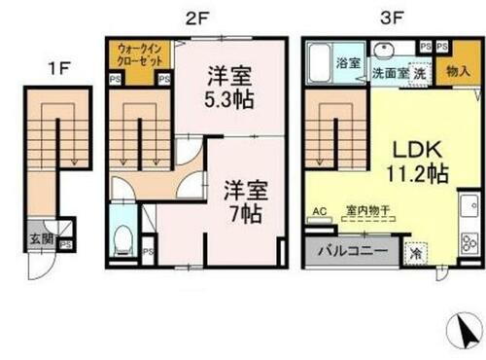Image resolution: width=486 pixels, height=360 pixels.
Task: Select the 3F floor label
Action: [382, 17]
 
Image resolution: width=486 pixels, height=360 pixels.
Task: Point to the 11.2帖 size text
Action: [419, 176]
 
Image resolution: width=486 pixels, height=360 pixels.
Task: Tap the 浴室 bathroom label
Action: [349, 60]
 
